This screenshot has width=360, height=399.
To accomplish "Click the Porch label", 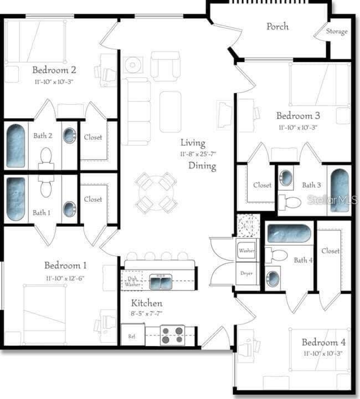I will coord(277,27).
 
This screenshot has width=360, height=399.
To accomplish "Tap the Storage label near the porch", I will coord(336,32).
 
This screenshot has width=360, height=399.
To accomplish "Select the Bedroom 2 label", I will coord(54,70).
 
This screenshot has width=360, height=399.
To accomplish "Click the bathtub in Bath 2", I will coord(16,146).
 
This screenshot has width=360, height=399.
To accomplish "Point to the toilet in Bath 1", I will coord(46,189).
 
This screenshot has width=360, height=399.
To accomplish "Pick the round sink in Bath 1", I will coord(69,209).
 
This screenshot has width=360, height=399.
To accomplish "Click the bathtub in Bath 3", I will coord(339,191).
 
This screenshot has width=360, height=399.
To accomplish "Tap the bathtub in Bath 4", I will coord(289,233).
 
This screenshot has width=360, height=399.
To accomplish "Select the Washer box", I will coord(246,250).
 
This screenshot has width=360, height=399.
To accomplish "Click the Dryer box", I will coord(246,273).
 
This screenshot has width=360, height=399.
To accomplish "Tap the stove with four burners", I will coord(172,334).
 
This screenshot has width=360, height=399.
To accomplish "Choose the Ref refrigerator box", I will coord(132,335).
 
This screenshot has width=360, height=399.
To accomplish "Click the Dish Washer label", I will coord(132,281).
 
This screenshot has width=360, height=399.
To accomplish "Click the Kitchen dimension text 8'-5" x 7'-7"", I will coord(147,313).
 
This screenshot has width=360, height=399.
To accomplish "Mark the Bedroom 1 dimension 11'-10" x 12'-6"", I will coord(65,278).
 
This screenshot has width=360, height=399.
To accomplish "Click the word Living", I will coord(193,144).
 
